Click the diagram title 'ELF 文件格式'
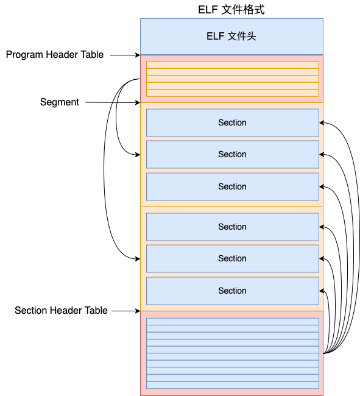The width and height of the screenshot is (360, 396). tap(231, 10)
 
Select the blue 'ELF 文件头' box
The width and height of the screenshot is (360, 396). tap(231, 37)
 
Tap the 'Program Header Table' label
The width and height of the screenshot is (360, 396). tap(55, 55)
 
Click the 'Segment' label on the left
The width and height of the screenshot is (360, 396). tap(59, 102)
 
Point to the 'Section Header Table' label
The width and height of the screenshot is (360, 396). tap(61, 310)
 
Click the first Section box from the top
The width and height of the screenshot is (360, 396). tap(233, 122)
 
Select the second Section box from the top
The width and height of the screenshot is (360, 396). tap(233, 154)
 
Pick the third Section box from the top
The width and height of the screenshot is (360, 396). tap(233, 186)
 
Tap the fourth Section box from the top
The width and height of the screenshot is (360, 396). tap(233, 227)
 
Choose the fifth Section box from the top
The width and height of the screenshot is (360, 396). tap(233, 258)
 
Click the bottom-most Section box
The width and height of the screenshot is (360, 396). tap(233, 291)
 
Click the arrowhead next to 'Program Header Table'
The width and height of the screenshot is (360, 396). tap(138, 55)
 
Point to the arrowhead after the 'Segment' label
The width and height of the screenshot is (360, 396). tap(138, 102)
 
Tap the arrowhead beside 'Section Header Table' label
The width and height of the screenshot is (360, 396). tap(138, 311)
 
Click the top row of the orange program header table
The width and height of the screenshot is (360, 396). tap(233, 65)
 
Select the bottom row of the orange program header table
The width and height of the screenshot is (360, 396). tap(233, 93)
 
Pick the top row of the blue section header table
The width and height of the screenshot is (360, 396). tap(233, 322)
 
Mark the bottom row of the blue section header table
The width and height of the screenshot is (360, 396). tap(233, 385)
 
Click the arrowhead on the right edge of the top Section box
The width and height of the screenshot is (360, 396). tap(322, 122)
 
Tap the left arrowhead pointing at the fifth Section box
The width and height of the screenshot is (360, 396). tap(138, 258)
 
